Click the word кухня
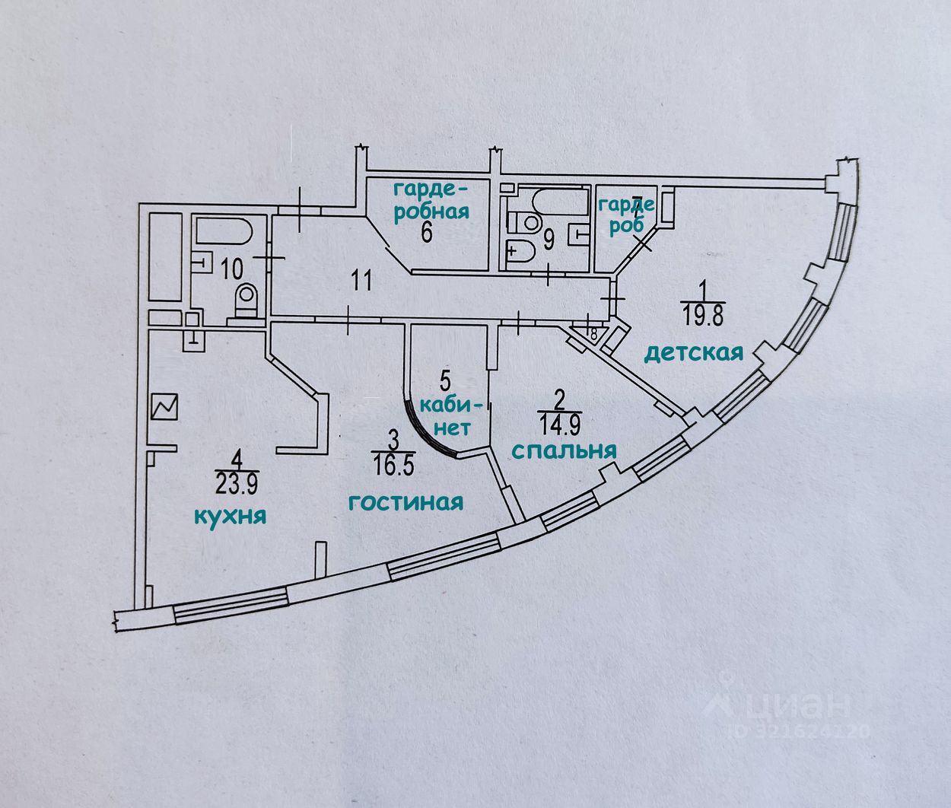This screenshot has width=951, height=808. click(x=230, y=517)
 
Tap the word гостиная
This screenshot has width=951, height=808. click(x=406, y=502)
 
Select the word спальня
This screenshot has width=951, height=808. click(x=563, y=450)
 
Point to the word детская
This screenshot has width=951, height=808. click(x=693, y=352)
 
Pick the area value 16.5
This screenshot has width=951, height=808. click(x=394, y=464)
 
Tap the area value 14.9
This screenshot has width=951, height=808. click(x=560, y=421)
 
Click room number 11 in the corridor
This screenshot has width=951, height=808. click(x=361, y=281)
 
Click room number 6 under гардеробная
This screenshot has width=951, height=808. click(x=427, y=232)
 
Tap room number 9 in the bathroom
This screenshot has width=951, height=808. click(x=548, y=240)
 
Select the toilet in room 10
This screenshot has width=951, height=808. click(x=246, y=300)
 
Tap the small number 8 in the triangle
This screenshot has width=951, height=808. click(x=593, y=332)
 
